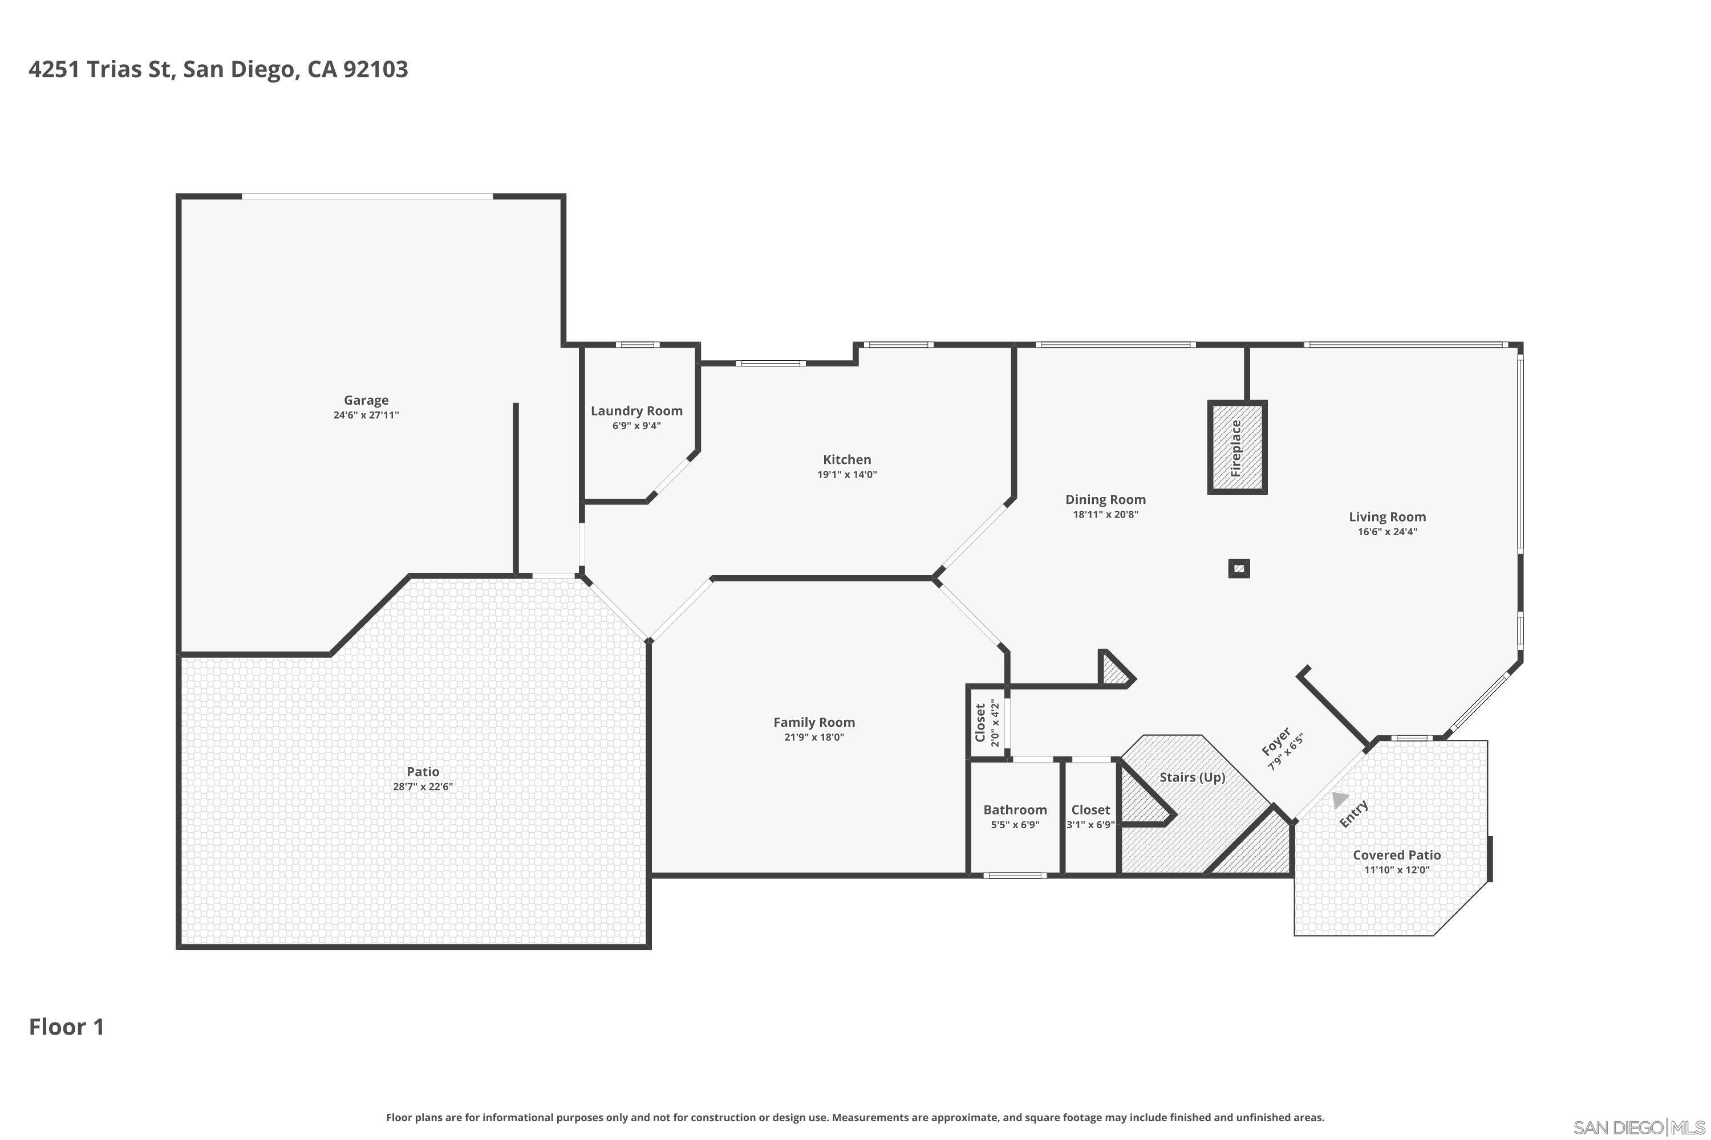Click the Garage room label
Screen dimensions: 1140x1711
[366, 400]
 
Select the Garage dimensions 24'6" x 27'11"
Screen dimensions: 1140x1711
[366, 415]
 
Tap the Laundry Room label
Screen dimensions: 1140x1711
[636, 411]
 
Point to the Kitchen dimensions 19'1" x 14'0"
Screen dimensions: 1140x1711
[847, 475]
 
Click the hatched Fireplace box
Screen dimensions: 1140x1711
[1236, 447]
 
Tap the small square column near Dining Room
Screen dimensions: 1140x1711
[1239, 568]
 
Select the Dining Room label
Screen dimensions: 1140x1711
[1105, 499]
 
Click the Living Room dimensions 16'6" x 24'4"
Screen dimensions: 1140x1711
[1386, 531]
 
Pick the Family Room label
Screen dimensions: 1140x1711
[813, 722]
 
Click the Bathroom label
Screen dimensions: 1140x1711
[1015, 809]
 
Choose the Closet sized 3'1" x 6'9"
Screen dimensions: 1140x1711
[1090, 816]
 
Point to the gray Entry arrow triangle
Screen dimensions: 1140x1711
[1339, 800]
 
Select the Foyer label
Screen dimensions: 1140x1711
[1275, 742]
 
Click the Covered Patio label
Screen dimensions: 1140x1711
[1396, 855]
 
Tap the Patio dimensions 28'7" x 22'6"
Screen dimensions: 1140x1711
[423, 787]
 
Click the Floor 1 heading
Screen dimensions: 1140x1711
[66, 1027]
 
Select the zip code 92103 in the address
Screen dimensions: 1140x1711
[375, 69]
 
